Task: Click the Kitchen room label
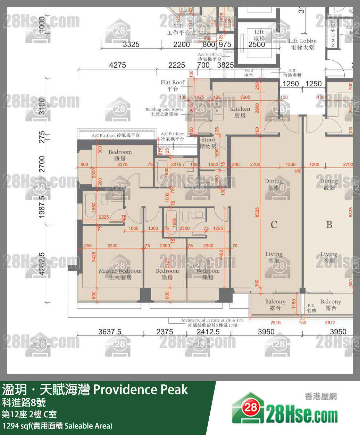click(240, 112)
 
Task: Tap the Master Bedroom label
click(120, 274)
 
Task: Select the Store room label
click(208, 143)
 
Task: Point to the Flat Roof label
click(173, 85)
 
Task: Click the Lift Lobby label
click(302, 44)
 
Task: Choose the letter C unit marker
click(274, 225)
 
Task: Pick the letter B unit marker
click(329, 225)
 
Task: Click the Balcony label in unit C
click(275, 305)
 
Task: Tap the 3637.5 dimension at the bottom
click(110, 332)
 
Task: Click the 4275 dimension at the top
click(117, 65)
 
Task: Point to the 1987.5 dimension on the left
click(42, 207)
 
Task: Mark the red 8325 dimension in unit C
click(257, 212)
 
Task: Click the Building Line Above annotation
click(164, 112)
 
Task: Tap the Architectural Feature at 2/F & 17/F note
click(212, 323)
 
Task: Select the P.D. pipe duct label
click(311, 308)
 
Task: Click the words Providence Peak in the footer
click(141, 390)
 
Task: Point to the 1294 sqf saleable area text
click(57, 426)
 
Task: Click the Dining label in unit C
click(274, 184)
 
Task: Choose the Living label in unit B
click(329, 257)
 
